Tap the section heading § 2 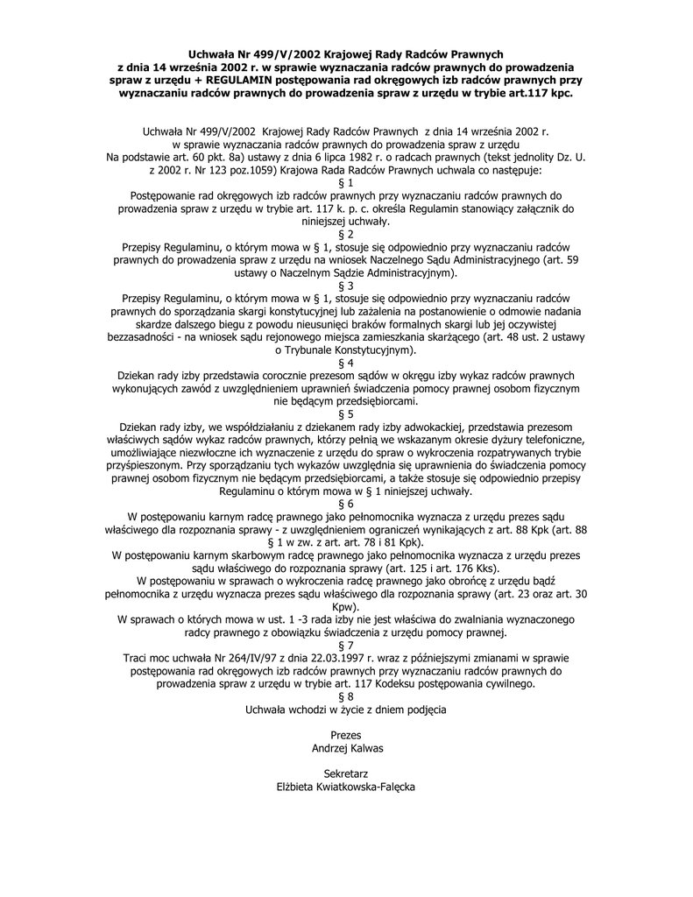tap(346, 234)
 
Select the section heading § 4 tap(346, 362)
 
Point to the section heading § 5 tap(346, 413)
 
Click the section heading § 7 tap(346, 646)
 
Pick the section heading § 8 tap(346, 696)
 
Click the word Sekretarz tap(346, 773)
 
